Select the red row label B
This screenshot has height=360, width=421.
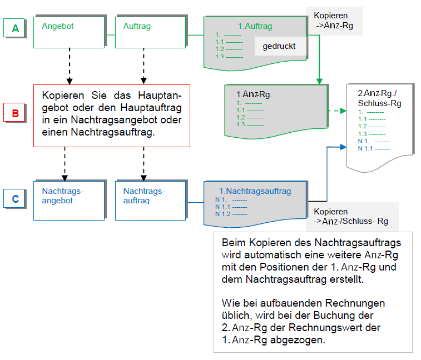coord(16,114)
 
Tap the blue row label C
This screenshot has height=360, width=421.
coord(16,198)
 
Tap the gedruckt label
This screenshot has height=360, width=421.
coord(279,46)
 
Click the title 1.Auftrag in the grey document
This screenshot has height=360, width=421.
coord(255,26)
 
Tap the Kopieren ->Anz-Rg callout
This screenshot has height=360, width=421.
coord(334,21)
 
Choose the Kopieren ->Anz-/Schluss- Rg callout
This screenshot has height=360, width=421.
coord(351,216)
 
